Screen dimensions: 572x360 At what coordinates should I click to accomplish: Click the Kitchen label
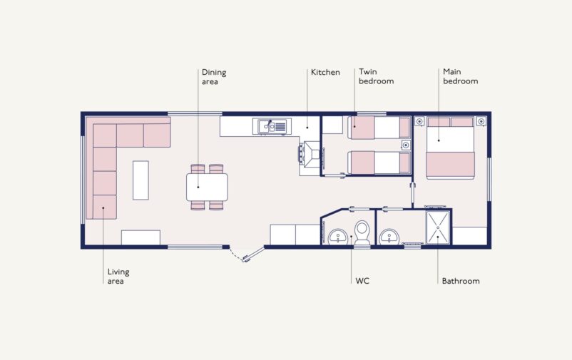325,72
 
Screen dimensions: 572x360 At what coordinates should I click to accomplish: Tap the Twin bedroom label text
376,76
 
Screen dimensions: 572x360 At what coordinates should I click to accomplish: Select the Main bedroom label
460,76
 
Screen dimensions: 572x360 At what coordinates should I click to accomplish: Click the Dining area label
214,77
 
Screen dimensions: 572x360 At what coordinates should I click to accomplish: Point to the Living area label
118,277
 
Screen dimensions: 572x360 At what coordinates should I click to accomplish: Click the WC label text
362,281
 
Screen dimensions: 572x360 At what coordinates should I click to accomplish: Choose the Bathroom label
461,281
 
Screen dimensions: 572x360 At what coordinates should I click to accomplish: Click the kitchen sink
272,127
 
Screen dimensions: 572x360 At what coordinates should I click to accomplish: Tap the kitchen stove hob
310,154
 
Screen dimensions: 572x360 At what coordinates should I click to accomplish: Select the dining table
207,187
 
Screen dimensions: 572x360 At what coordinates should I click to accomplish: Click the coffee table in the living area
141,180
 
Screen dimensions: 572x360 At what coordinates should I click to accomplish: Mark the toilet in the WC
362,233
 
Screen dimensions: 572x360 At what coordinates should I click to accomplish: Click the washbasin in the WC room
338,237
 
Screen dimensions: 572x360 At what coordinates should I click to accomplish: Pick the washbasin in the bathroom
389,237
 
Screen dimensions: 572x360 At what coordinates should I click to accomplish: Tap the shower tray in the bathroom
438,227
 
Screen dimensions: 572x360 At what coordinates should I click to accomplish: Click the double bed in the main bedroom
451,148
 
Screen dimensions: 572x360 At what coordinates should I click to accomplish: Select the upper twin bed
379,128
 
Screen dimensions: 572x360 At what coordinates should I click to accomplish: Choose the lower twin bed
379,163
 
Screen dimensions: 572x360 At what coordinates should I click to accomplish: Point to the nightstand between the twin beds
406,145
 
